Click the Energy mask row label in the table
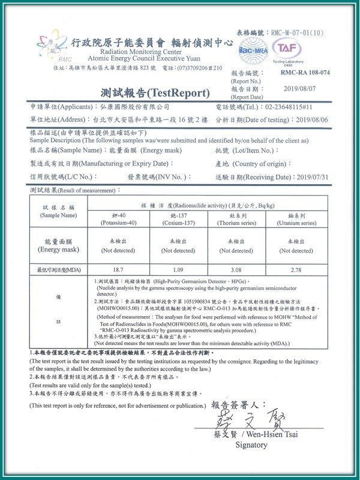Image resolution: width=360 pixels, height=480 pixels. pos(58,245)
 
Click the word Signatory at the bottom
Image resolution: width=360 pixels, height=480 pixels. pos(252,445)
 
